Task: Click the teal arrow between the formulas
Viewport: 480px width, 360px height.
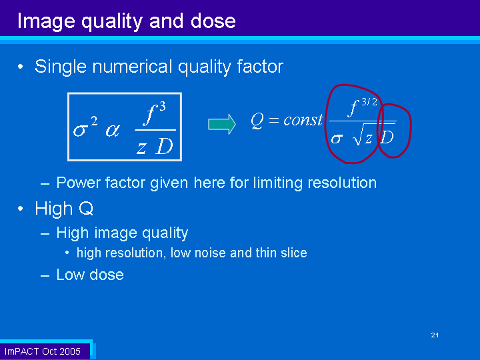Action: point(222,124)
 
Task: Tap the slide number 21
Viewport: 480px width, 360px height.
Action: point(435,335)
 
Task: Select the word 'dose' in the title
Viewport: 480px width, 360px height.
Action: point(213,21)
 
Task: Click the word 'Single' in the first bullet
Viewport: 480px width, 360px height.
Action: point(60,67)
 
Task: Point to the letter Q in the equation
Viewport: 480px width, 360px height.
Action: point(257,120)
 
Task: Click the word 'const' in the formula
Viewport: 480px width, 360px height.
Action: point(303,119)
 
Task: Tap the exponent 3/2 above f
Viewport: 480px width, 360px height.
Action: point(369,102)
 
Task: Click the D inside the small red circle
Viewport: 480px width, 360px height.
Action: point(387,137)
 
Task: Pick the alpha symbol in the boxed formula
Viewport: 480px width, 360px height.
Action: point(113,131)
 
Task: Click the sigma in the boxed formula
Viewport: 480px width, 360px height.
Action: point(79,131)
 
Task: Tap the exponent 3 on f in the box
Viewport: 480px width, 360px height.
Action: point(163,107)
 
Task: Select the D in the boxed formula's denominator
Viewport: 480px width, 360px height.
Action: point(165,146)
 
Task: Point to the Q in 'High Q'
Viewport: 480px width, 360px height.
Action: point(86,209)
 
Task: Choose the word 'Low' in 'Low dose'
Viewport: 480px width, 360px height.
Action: point(69,274)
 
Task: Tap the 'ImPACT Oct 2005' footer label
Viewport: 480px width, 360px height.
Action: point(43,351)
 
